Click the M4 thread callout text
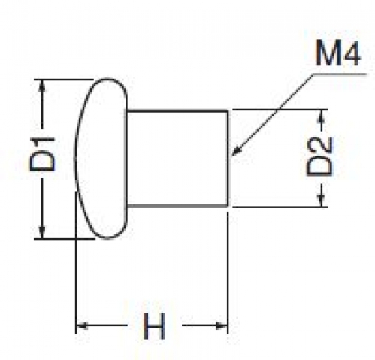click(338, 53)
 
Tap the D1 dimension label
click(42, 154)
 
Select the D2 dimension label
click(319, 156)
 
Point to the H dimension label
click(154, 326)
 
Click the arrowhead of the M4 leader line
click(236, 150)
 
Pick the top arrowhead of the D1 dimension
click(43, 85)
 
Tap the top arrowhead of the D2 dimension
click(322, 116)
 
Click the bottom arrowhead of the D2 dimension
click(322, 201)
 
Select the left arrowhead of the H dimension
click(82, 326)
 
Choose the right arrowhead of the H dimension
click(222, 326)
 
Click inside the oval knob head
click(101, 159)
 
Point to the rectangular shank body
click(177, 159)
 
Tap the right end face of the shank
click(228, 159)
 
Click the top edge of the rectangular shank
click(177, 110)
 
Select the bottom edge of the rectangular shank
click(177, 206)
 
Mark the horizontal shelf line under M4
click(340, 74)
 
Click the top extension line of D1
click(64, 80)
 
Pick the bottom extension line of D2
click(280, 207)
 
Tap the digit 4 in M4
click(351, 53)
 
